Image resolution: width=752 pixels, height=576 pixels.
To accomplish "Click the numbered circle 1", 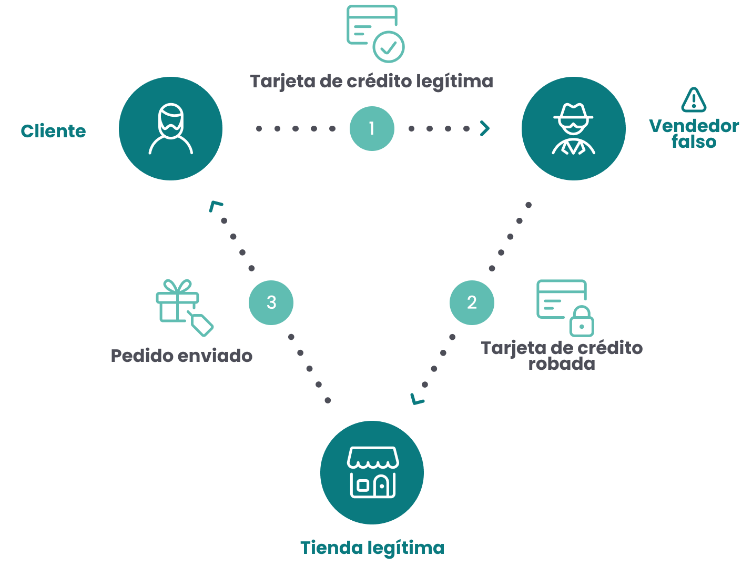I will point(372,128).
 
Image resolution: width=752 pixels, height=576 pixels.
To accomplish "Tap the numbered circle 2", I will point(472,302).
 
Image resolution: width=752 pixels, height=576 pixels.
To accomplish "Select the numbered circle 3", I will point(271,302).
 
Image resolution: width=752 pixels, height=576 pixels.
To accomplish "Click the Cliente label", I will point(53,131).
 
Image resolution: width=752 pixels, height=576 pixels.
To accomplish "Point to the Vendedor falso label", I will point(694,134).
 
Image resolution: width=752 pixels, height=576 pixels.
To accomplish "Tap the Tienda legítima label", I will point(372,548).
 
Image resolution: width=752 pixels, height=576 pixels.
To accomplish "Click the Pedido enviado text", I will point(181,356).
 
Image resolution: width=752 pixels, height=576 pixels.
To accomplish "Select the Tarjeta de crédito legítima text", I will point(372,82).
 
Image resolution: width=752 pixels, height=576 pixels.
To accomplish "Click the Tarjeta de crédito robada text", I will point(562,356).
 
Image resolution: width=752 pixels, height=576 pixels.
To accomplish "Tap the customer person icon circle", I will point(170,128).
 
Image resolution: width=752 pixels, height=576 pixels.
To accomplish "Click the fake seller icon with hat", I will point(573,128).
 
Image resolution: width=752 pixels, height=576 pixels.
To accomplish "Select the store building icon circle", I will point(372,472).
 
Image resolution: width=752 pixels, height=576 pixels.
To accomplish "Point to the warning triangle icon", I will point(694,100).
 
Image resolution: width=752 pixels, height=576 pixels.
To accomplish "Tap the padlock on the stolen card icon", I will point(582,321).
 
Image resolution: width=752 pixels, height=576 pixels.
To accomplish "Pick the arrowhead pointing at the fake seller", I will point(485,128).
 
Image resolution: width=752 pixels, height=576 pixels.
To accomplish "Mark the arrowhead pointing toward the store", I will point(417,399).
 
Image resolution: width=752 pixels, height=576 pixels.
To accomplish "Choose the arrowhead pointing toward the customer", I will point(215,206).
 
